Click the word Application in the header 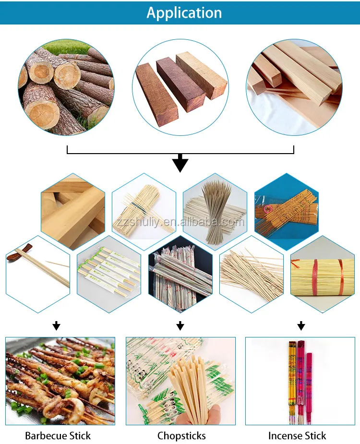click(x=184, y=12)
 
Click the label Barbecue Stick click(x=58, y=436)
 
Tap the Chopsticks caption click(x=181, y=436)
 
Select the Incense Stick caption click(x=297, y=436)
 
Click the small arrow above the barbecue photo click(x=57, y=326)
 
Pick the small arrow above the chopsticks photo click(x=180, y=326)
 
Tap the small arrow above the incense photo click(x=301, y=326)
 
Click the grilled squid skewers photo click(x=60, y=381)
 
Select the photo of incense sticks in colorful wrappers click(x=300, y=381)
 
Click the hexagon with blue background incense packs click(x=286, y=206)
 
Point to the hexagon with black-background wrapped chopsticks click(x=180, y=276)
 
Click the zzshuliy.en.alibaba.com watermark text click(x=180, y=222)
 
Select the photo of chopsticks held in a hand click(x=180, y=381)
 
